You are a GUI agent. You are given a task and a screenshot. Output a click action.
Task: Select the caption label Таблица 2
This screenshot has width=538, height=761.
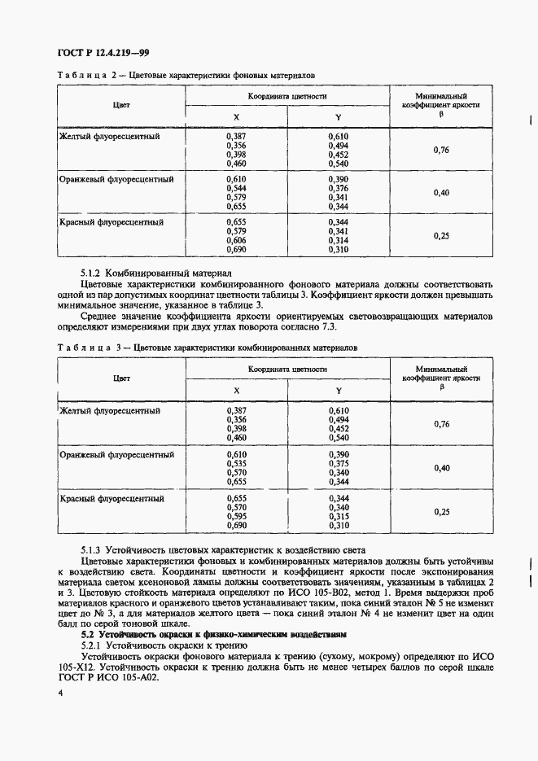[85, 76]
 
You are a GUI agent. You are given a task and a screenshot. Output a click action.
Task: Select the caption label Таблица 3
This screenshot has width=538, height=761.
[85, 348]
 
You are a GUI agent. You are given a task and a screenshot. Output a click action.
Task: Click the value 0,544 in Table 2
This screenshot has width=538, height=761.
[235, 188]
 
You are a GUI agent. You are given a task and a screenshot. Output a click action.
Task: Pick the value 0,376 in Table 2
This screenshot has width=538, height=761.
[339, 188]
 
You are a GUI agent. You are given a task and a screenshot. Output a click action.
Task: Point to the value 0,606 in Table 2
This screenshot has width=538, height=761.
[235, 240]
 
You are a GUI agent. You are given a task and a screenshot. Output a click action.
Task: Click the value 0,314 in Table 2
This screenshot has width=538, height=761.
[339, 240]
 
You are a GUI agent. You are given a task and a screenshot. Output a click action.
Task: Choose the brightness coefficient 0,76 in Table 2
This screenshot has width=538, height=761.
[441, 150]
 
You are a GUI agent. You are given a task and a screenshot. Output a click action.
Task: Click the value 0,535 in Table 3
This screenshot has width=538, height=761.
[235, 464]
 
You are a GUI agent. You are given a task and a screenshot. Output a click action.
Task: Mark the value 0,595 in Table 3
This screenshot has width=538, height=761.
[235, 516]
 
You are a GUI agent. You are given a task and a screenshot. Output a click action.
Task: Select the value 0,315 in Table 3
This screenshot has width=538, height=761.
[339, 516]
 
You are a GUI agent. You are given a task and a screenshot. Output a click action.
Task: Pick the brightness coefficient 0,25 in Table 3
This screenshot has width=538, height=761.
[441, 511]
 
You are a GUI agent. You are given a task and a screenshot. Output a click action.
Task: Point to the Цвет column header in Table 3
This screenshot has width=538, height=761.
[121, 378]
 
